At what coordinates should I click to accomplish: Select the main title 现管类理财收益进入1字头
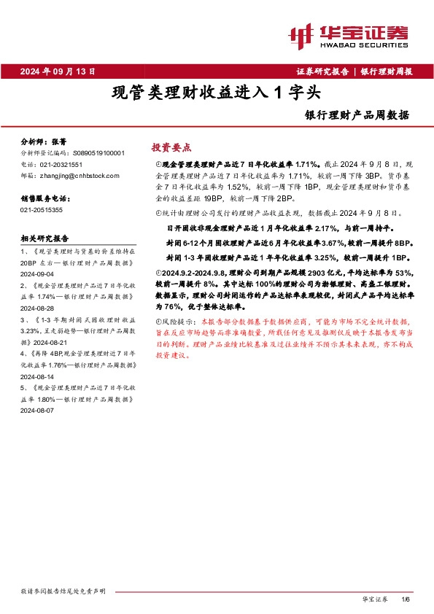coord(216,93)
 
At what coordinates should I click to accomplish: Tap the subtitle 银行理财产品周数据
coord(357,115)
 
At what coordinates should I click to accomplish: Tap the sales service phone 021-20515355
coord(42,209)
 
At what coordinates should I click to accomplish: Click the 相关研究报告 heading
coord(45,238)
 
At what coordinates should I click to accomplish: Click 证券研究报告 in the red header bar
coord(322,71)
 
